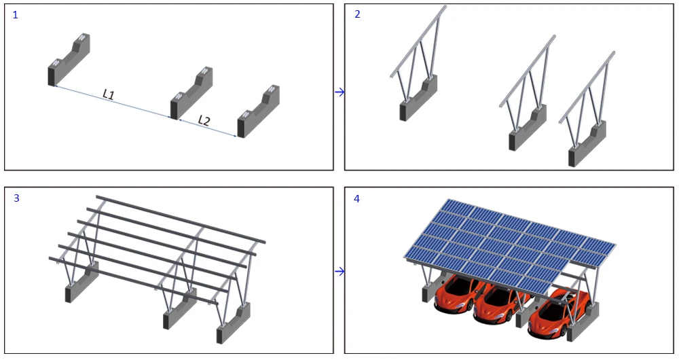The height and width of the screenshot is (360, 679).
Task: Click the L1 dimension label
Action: coord(108,94)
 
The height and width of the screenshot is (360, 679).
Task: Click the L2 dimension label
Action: coord(204,120)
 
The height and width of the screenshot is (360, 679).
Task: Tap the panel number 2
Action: coord(357,14)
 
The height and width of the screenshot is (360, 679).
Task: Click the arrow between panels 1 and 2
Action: coord(339,92)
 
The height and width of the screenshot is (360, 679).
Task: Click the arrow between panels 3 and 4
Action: coord(339,271)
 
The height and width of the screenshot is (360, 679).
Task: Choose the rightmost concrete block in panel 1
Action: coord(258,111)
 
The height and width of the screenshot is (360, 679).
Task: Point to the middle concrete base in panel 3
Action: coord(177,314)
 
